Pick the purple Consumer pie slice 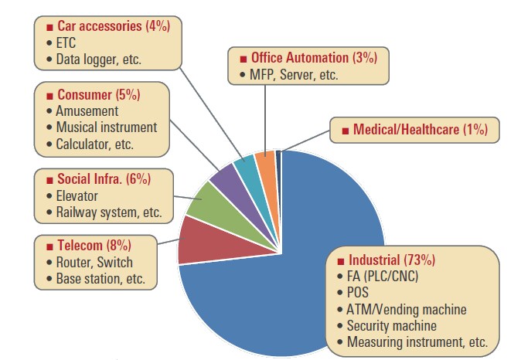226,177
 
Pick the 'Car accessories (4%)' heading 113,26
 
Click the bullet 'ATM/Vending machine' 406,310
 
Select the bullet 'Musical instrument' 106,127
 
